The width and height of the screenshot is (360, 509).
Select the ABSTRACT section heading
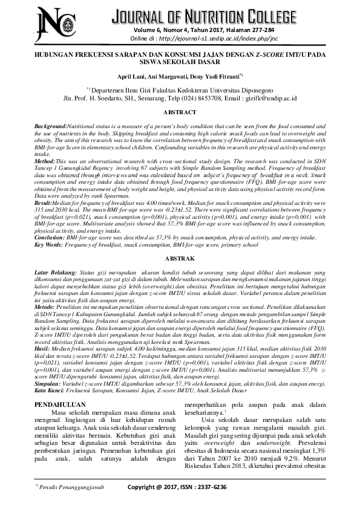(x=180, y=112)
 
